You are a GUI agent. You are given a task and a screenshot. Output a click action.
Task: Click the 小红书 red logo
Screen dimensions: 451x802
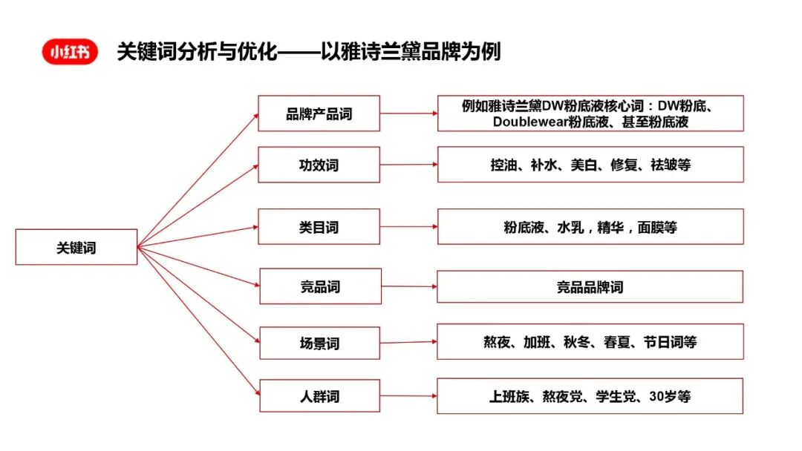[70, 52]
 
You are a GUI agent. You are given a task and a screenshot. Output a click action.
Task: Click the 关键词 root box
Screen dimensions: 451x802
[76, 247]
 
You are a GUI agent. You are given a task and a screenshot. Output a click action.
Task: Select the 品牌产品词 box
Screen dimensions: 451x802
[319, 113]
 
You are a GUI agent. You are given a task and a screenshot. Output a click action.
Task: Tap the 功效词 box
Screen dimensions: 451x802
[319, 165]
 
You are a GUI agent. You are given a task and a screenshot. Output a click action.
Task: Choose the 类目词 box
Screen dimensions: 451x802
[319, 227]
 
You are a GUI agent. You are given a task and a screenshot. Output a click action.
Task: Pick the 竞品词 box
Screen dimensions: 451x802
[320, 286]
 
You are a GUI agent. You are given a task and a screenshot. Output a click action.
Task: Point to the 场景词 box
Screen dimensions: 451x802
[319, 343]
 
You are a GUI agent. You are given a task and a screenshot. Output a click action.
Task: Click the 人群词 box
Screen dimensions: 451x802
[319, 396]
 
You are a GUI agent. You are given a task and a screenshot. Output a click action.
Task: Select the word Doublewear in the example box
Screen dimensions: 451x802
[530, 122]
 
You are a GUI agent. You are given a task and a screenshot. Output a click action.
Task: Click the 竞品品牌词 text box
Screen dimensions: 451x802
[590, 286]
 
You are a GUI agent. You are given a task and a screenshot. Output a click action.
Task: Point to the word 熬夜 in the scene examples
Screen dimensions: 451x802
[498, 342]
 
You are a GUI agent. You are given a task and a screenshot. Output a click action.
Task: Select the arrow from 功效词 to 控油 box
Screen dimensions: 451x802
[408, 165]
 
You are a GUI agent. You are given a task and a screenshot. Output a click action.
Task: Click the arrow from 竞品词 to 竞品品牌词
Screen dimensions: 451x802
[409, 286]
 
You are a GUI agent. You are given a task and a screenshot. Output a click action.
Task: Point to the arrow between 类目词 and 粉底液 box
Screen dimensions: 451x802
[408, 227]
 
